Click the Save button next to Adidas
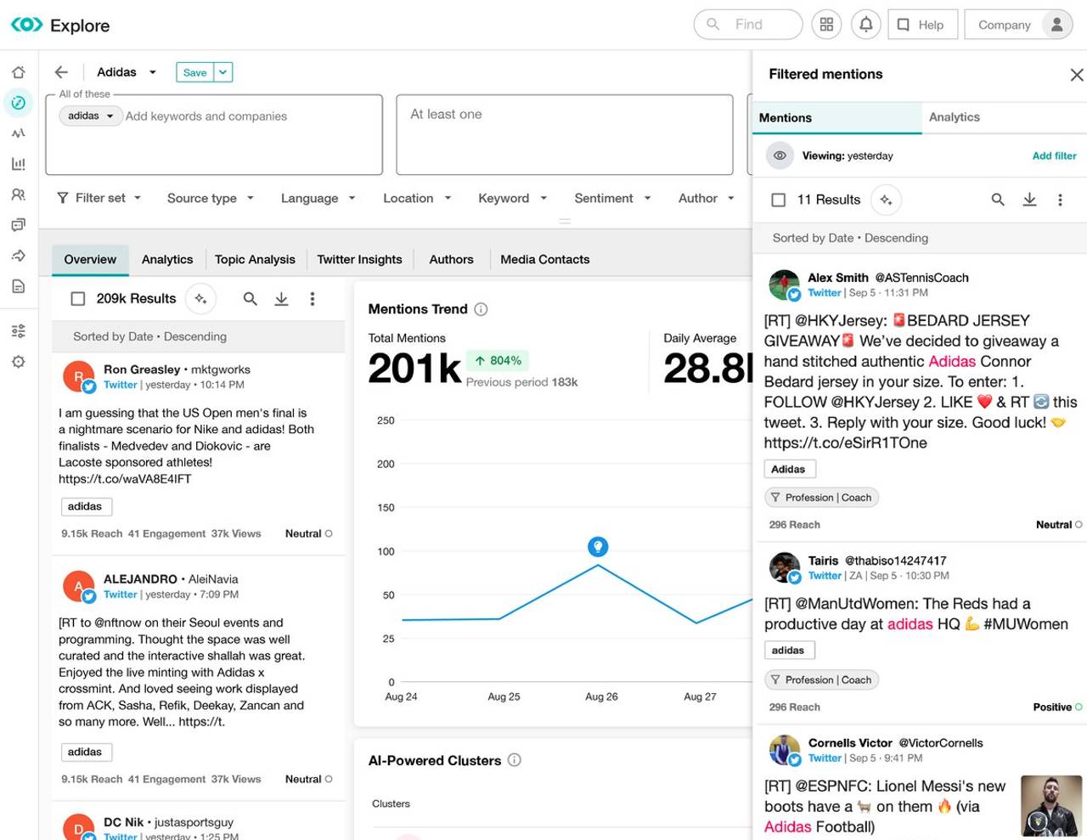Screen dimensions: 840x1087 tap(194, 72)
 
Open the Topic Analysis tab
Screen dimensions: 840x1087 tap(255, 259)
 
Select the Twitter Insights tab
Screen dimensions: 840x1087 tap(359, 259)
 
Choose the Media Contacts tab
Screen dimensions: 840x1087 tap(544, 259)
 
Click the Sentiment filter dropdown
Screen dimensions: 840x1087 tap(611, 198)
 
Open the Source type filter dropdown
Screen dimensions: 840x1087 tap(210, 198)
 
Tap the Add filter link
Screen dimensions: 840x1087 tap(1054, 155)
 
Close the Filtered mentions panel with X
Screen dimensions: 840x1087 tap(1076, 75)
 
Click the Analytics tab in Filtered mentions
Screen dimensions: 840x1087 tap(954, 117)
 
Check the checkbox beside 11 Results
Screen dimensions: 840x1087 tap(778, 200)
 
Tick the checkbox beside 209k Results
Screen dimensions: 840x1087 tap(78, 299)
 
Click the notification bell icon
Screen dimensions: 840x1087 tap(865, 25)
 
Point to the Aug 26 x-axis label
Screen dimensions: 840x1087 tap(601, 696)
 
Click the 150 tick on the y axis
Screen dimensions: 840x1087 tap(386, 508)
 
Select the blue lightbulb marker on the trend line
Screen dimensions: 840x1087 tap(598, 546)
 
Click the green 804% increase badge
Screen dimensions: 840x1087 tap(498, 361)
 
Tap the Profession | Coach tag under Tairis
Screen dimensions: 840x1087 tap(821, 679)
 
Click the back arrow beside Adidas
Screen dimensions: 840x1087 tap(61, 72)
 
